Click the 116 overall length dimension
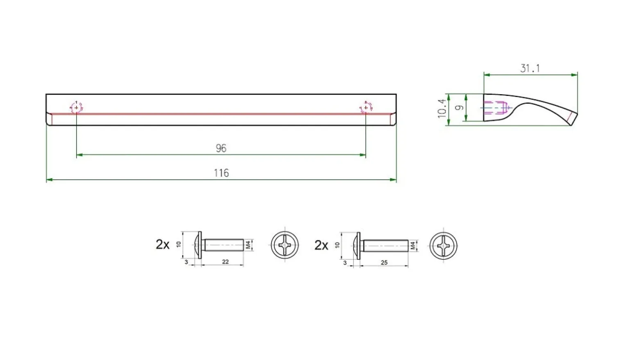click(221, 173)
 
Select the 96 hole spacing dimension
click(221, 148)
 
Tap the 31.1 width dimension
click(530, 68)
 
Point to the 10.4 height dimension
click(442, 109)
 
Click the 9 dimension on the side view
click(459, 108)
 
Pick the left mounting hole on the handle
click(76, 108)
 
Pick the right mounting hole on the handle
click(366, 108)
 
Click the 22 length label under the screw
click(225, 262)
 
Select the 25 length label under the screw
click(384, 263)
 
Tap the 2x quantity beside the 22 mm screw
click(163, 245)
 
